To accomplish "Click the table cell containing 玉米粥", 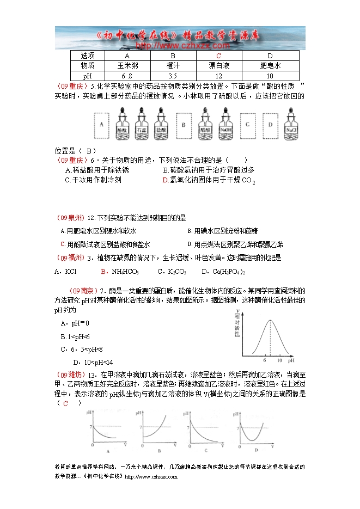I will point(127,66).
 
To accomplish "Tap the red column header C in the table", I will point(218,56).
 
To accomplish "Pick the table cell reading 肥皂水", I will point(270,66).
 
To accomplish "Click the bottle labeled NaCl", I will point(290,125).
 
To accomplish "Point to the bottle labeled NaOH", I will point(225,125).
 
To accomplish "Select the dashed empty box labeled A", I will point(101,125).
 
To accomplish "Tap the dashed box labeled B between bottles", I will point(184,125).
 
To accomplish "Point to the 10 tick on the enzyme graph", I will point(279,360).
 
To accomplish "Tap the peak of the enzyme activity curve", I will point(271,320).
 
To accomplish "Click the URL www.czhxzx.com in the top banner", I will point(180,46).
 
